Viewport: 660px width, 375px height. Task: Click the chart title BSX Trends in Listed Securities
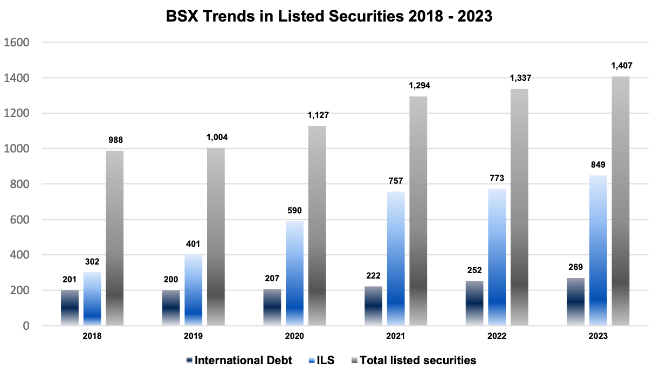tap(329, 17)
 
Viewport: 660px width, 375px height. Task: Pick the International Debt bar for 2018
tap(70, 308)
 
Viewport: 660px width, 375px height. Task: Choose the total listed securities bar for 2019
tap(216, 237)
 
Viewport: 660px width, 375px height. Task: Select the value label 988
tap(114, 140)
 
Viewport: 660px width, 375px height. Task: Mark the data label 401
tap(193, 244)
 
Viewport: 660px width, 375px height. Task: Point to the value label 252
tap(475, 270)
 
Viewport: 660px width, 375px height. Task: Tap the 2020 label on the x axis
tap(294, 336)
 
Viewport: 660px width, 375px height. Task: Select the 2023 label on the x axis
tap(598, 336)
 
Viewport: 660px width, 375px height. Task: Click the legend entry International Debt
tap(243, 360)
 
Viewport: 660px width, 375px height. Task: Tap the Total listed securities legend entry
tap(418, 360)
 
